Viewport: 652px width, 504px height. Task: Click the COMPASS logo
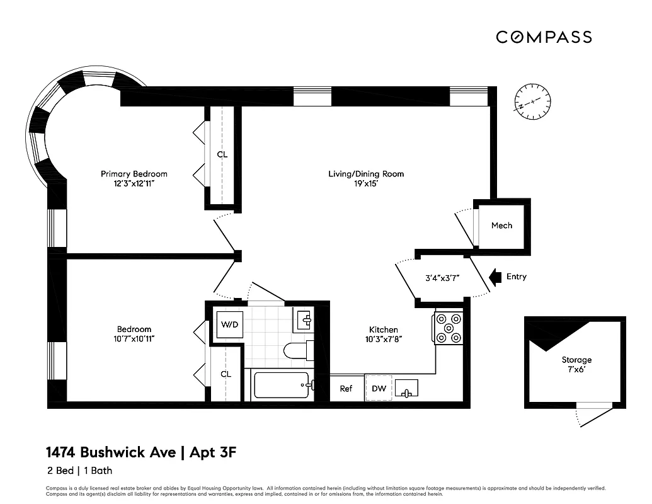[x=544, y=37]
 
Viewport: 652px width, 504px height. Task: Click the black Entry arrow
[x=495, y=277]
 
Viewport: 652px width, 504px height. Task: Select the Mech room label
[x=501, y=226]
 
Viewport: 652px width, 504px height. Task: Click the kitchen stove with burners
[x=449, y=328]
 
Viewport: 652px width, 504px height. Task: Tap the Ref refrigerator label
[x=346, y=389]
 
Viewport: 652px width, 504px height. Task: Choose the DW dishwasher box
[x=379, y=389]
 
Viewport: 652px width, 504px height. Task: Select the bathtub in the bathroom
[x=282, y=385]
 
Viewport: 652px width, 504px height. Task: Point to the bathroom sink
[x=305, y=321]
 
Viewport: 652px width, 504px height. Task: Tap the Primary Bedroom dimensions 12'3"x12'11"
[x=134, y=184]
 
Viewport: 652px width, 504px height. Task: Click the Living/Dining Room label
[x=366, y=174]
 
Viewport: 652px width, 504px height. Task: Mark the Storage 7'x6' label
[x=576, y=365]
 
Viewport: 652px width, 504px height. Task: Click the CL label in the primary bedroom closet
[x=222, y=154]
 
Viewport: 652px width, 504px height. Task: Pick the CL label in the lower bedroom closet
[x=226, y=374]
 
